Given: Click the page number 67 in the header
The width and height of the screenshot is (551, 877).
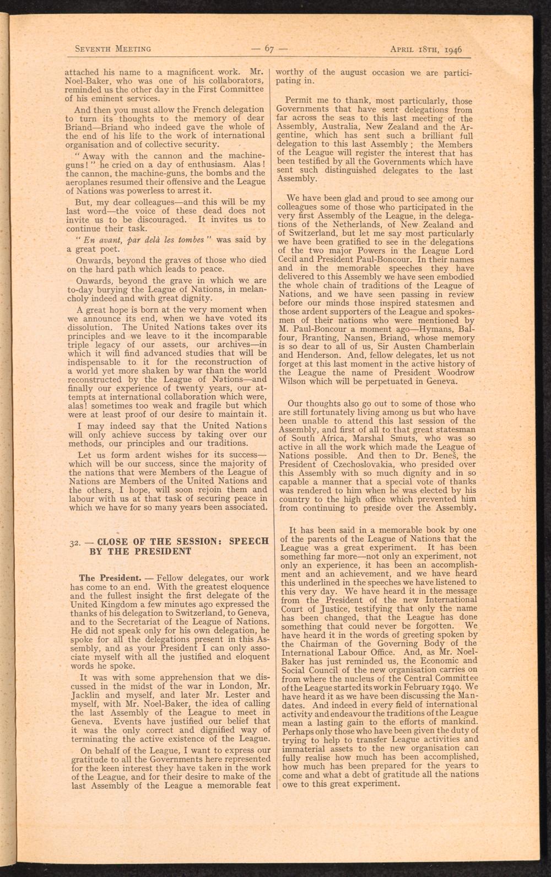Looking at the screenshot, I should (269, 48).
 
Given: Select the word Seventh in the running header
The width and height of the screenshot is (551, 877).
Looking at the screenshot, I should (93, 48).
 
